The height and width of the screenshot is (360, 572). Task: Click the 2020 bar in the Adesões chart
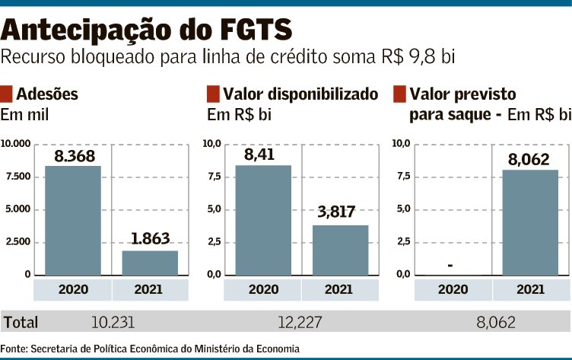click(x=73, y=220)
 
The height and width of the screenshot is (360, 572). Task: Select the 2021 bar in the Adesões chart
click(x=150, y=262)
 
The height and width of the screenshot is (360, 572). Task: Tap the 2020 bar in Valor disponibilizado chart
click(x=263, y=220)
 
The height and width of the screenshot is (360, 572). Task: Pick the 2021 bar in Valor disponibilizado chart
click(x=340, y=250)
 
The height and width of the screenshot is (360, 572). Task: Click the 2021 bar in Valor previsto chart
click(x=530, y=222)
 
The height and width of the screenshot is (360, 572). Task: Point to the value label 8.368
click(x=73, y=157)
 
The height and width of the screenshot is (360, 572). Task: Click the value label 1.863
click(x=150, y=238)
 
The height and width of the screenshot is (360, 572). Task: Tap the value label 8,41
click(x=260, y=155)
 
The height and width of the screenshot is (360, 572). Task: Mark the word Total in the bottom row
click(x=21, y=323)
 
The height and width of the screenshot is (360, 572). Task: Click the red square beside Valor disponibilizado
click(x=213, y=95)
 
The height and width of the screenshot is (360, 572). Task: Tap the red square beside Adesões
click(x=7, y=95)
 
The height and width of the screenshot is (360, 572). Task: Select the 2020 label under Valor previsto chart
click(x=453, y=289)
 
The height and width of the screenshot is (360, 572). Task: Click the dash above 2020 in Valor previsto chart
click(x=451, y=266)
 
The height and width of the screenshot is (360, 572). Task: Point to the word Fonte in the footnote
click(x=14, y=349)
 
